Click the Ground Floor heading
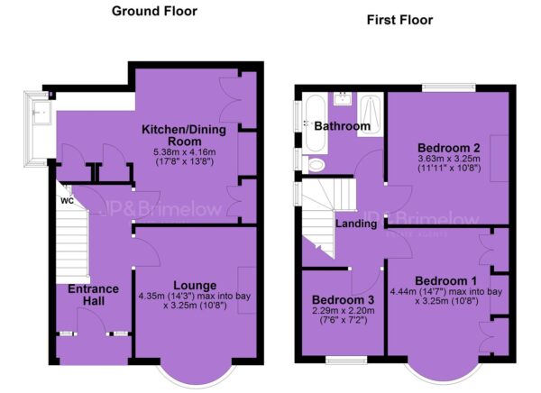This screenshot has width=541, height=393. click(x=154, y=11)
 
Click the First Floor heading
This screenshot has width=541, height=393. click(x=399, y=20)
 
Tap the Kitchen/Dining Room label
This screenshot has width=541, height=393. click(x=184, y=135)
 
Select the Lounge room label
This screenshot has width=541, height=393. click(x=195, y=286)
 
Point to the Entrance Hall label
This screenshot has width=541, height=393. click(x=93, y=295)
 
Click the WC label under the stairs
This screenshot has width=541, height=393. click(x=68, y=201)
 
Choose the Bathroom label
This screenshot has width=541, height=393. click(x=343, y=126)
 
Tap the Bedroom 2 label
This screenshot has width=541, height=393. click(x=449, y=148)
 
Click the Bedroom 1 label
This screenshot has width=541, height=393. click(x=445, y=281)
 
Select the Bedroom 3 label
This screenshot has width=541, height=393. click(x=343, y=299)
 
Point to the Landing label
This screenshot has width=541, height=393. click(x=356, y=224)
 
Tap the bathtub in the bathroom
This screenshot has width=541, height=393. click(x=316, y=123)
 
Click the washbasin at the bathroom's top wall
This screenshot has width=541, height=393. click(x=343, y=98)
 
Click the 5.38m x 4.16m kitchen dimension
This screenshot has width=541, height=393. click(x=184, y=152)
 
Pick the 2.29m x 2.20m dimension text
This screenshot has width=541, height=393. click(x=343, y=311)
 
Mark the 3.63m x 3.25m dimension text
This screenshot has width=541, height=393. click(x=449, y=159)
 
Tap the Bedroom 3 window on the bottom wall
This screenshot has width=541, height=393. click(x=346, y=361)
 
